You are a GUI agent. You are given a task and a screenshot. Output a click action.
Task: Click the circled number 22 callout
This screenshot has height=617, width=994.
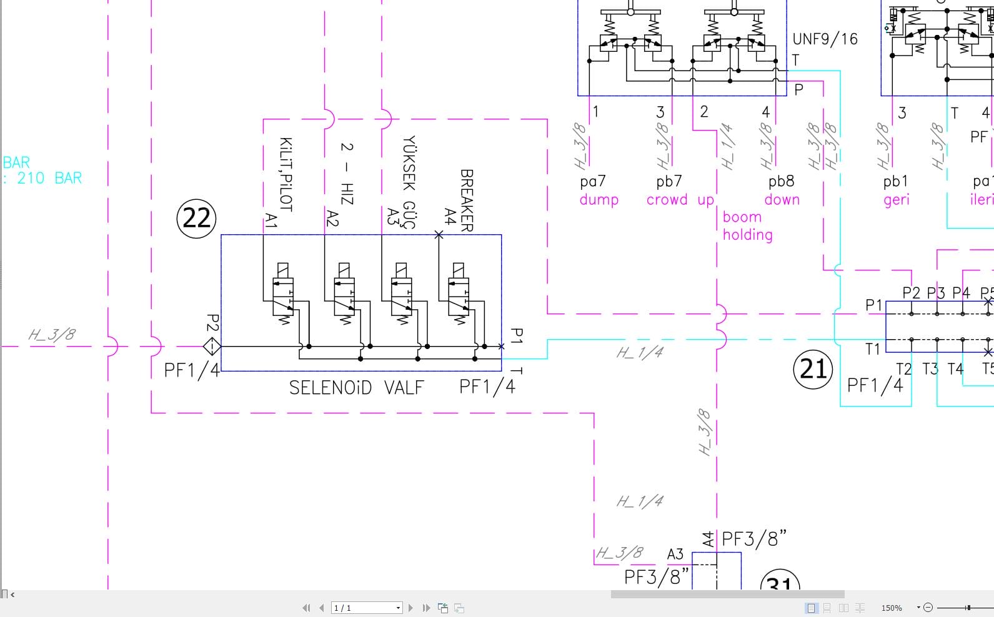pos(197,218)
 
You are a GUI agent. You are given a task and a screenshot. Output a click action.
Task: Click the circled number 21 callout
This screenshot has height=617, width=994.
pos(813,368)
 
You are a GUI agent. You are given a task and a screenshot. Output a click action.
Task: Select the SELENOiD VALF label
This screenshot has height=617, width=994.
pos(356,388)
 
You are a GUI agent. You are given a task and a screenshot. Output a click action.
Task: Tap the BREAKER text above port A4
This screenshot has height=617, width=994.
pos(466,200)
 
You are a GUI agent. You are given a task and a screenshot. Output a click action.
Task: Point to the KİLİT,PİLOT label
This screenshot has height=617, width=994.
pos(286,174)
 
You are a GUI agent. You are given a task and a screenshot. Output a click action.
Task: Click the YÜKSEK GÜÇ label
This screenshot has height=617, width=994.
pos(409,182)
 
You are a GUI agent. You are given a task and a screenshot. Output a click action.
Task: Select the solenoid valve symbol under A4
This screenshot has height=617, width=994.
pos(459,294)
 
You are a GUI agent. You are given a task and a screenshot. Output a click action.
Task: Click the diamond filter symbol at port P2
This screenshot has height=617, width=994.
pos(212,346)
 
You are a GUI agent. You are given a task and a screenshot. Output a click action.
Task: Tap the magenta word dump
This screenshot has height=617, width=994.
pos(599,200)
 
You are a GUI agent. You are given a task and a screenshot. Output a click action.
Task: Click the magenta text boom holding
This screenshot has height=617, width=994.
pos(747,226)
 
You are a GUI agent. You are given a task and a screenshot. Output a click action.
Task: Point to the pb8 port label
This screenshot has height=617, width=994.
pos(781,182)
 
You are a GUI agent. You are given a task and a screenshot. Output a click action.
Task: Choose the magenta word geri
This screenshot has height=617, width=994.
pos(896,200)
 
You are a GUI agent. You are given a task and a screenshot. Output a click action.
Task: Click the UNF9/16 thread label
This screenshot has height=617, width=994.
pos(825,39)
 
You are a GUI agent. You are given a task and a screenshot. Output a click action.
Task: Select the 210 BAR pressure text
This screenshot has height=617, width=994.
pos(49,178)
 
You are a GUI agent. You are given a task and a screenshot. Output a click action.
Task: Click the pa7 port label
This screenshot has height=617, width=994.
pos(593,182)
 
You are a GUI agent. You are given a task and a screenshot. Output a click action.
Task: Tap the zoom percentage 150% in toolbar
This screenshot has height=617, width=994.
pos(892,608)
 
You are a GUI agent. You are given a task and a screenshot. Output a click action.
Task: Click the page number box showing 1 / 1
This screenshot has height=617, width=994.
pos(367,608)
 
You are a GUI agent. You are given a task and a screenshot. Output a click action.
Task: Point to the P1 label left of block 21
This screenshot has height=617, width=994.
pos(873,305)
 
